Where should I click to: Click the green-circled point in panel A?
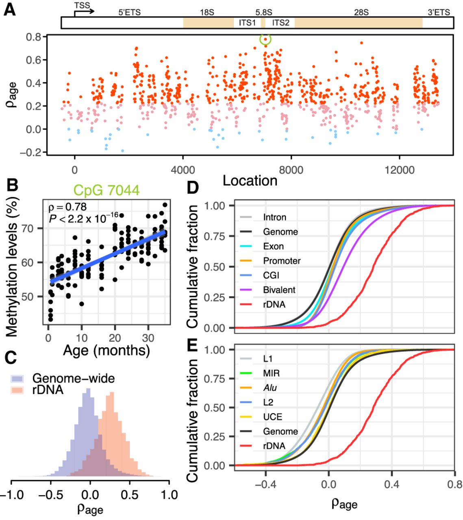265,39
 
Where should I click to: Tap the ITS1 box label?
247,23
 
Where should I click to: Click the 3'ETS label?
439,13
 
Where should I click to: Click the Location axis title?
250,181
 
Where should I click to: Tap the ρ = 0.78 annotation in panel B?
67,206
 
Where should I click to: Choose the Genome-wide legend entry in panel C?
73,379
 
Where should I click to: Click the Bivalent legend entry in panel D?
279,290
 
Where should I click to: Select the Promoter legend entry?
282,261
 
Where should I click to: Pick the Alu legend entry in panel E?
270,388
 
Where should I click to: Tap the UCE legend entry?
272,417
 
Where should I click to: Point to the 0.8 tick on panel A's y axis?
35,37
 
